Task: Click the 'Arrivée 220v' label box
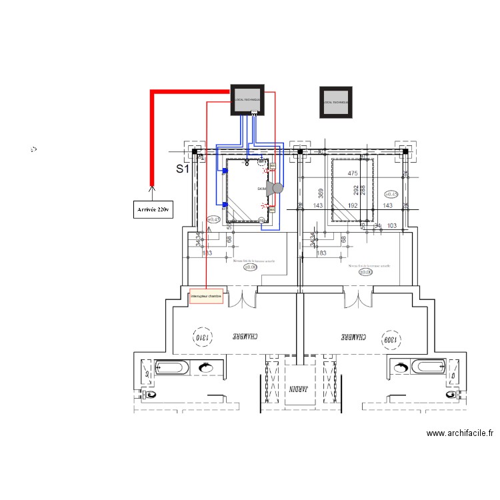coord(153,209)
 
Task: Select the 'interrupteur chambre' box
coord(205,296)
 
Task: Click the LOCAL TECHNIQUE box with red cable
coord(247,99)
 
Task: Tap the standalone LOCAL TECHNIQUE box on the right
coord(335,102)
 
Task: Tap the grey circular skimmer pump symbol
coord(277,189)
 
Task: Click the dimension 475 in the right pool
coord(353,174)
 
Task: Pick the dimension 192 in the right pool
coord(352,206)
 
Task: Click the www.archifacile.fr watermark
coord(459,433)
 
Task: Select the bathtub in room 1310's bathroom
coord(171,367)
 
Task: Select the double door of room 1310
coord(242,298)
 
